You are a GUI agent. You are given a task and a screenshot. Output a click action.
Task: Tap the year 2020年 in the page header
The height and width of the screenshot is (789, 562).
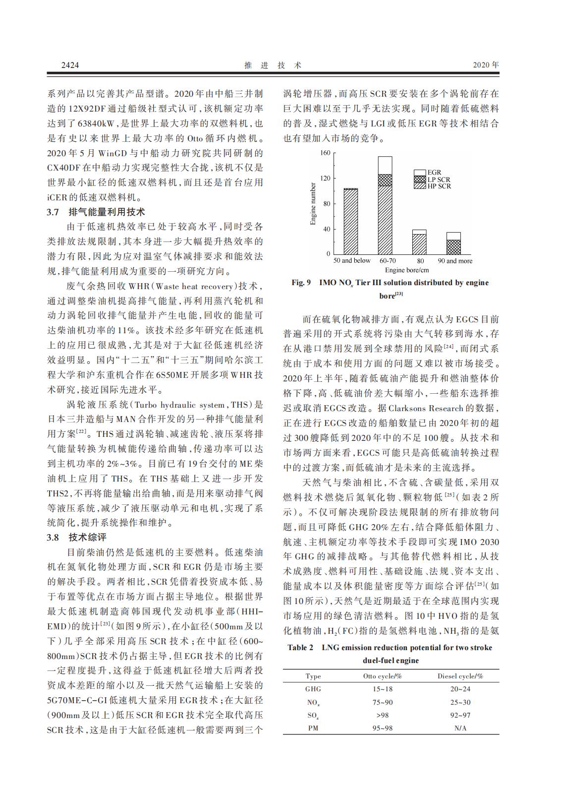[486, 65]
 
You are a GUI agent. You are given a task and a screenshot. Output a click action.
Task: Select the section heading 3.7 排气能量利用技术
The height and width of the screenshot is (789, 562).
[96, 212]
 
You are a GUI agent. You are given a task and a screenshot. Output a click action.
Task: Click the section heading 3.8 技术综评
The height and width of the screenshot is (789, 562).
[76, 537]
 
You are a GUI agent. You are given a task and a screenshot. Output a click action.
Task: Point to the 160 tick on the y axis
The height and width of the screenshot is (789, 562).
[325, 153]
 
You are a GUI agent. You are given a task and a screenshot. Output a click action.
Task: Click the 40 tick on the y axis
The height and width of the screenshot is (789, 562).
[327, 229]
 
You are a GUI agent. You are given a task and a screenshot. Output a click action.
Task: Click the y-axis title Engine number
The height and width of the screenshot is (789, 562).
[313, 204]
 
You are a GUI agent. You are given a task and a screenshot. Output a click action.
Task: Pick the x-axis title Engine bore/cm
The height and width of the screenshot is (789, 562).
[407, 270]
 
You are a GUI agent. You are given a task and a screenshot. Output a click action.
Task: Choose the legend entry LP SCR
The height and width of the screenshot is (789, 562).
[439, 180]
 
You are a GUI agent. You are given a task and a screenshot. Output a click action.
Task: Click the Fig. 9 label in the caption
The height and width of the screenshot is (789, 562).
[301, 283]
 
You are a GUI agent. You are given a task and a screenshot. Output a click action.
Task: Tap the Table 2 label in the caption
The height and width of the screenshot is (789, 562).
[300, 648]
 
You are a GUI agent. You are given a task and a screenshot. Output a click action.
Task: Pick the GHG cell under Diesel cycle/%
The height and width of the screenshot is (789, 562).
[460, 689]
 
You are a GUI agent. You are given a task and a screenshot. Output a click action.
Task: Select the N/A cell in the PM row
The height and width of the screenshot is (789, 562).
[460, 728]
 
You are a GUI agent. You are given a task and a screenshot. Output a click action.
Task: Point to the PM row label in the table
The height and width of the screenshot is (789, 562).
[313, 728]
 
